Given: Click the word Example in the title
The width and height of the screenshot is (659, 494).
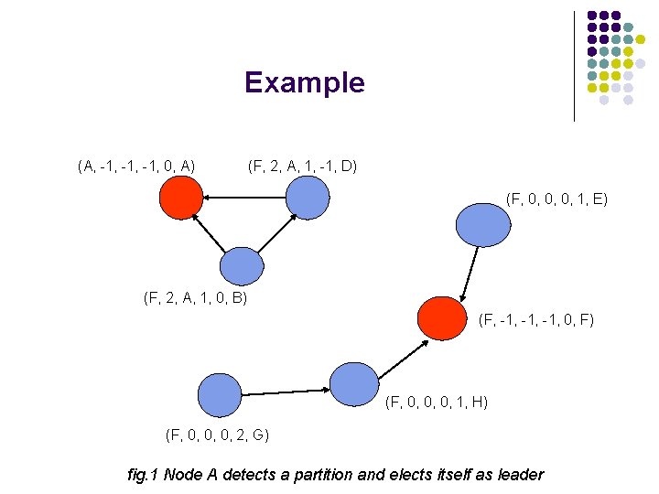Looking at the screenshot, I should coord(304,83).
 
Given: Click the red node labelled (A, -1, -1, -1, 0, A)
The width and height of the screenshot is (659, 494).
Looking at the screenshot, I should coord(180,197).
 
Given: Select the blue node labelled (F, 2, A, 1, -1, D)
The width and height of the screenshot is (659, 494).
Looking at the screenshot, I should coord(307,197).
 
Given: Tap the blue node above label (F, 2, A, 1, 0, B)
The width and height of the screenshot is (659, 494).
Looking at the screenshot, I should coord(242,268).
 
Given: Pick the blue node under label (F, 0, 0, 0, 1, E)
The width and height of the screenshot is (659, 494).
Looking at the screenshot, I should coord(483,224).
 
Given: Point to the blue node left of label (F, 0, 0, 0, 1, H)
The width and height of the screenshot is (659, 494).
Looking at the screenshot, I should coord(353,384).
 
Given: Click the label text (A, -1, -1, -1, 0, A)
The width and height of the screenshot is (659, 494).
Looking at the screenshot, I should coord(136,166).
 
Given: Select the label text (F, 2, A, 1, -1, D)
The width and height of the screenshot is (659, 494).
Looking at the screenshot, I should coord(303,166).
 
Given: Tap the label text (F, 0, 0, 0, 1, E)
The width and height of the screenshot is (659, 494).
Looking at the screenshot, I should coord(556,198).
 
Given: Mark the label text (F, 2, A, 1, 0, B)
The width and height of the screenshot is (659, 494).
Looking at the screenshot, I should coord(196,297).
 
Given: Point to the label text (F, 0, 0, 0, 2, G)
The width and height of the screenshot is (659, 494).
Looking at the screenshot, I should coord(217,434).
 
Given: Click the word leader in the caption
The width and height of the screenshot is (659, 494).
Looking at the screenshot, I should coord(518,474).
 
